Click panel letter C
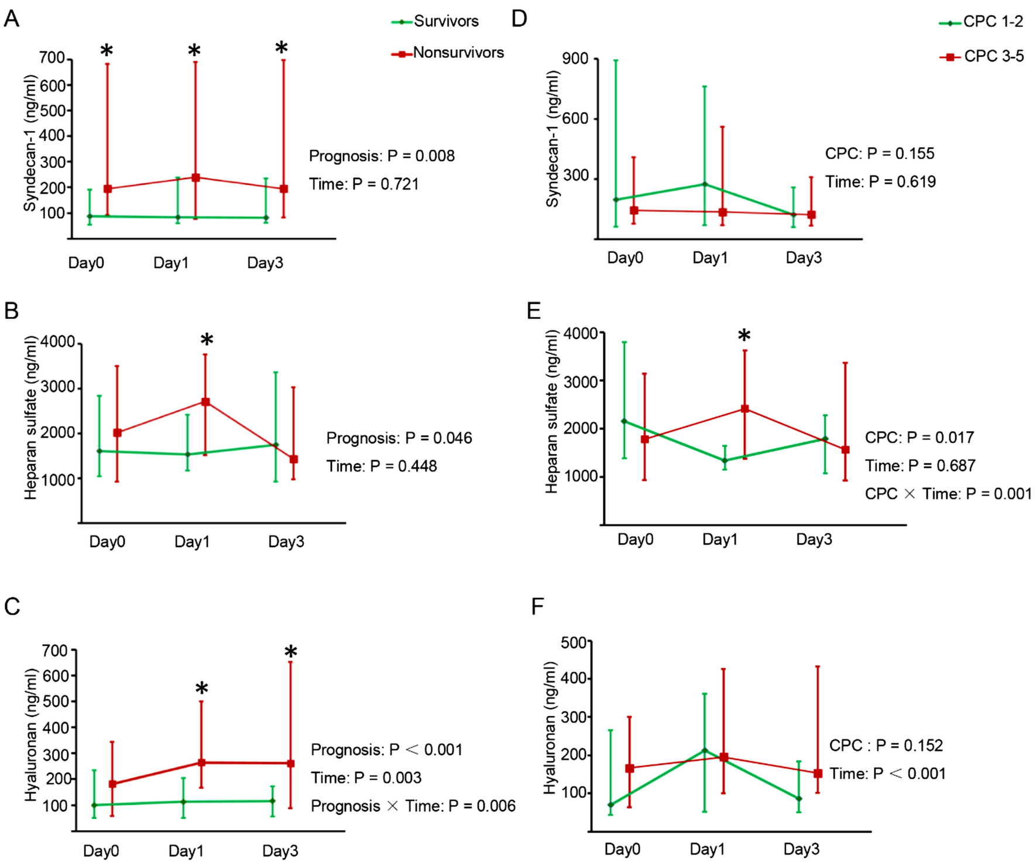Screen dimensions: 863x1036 pos(12,607)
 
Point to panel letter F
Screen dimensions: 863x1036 pos(537,607)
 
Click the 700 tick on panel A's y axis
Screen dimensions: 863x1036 pos(52,58)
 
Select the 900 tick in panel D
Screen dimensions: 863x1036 pos(575,59)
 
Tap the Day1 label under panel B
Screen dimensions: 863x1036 pos(191,542)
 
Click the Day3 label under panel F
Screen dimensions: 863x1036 pos(801,849)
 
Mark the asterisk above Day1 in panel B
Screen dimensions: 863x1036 pos(207,340)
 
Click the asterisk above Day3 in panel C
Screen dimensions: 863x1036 pos(291,652)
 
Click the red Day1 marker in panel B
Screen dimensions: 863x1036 pos(205,402)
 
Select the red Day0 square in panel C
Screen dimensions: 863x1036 pos(112,784)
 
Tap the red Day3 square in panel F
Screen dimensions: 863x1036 pos(818,773)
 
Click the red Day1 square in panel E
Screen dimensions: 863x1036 pos(745,409)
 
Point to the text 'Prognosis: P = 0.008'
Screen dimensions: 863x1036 pos(382,156)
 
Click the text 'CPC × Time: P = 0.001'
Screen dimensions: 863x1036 pos(948,494)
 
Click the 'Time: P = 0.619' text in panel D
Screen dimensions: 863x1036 pos(880,182)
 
